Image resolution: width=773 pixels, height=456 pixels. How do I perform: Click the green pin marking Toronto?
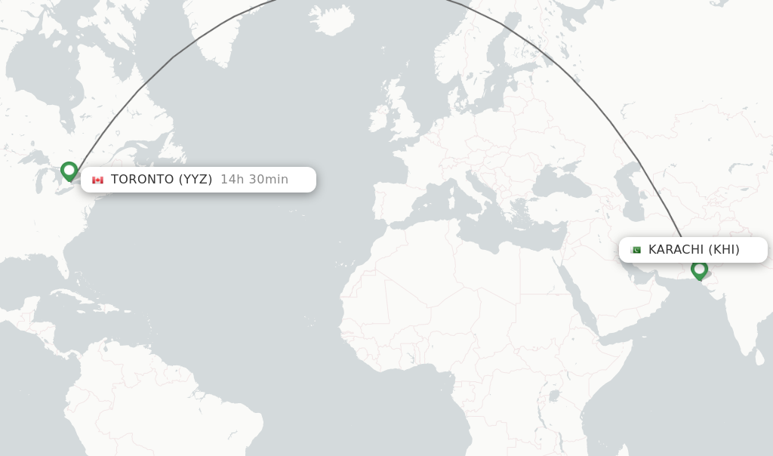pyautogui.click(x=69, y=171)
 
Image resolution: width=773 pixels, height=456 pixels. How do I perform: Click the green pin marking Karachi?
pyautogui.click(x=699, y=269)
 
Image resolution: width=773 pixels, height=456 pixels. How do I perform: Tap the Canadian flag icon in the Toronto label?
pyautogui.click(x=97, y=180)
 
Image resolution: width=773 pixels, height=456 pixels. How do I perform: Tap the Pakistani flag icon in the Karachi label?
pyautogui.click(x=636, y=250)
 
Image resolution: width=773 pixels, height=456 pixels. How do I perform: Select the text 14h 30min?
pyautogui.click(x=254, y=180)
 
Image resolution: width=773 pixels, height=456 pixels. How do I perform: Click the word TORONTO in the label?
pyautogui.click(x=143, y=180)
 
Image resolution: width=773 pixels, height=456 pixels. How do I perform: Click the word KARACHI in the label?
pyautogui.click(x=676, y=250)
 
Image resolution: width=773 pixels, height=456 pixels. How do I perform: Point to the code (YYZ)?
pyautogui.click(x=196, y=180)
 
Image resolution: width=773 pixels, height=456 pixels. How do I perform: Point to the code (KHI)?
pyautogui.click(x=724, y=250)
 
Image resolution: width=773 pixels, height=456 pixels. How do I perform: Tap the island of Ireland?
pyautogui.click(x=379, y=120)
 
